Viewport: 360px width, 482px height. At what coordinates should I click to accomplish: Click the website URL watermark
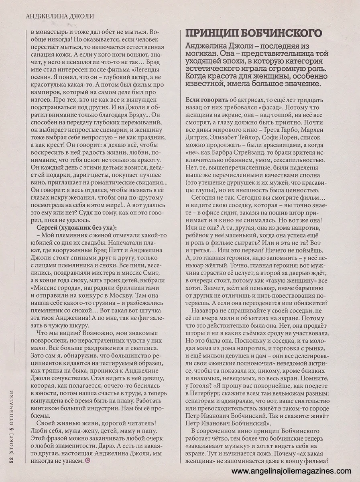tap(292, 471)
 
